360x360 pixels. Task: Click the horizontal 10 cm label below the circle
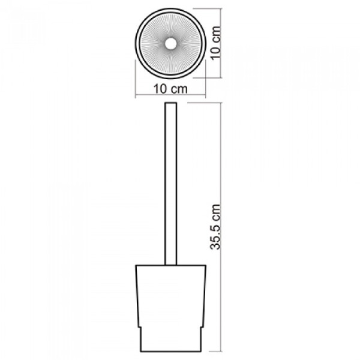coord(170,89)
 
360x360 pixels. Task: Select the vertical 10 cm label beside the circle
coord(215,43)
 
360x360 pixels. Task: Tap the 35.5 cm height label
coord(215,227)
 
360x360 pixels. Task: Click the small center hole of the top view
coord(170,44)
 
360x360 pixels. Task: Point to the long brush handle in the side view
coord(171,184)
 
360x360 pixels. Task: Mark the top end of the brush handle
coord(171,103)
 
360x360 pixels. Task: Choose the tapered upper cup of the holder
coord(171,296)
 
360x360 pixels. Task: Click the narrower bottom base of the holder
coord(171,340)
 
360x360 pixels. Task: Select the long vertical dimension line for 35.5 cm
coord(221,227)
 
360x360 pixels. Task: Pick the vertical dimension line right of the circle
coord(221,43)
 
